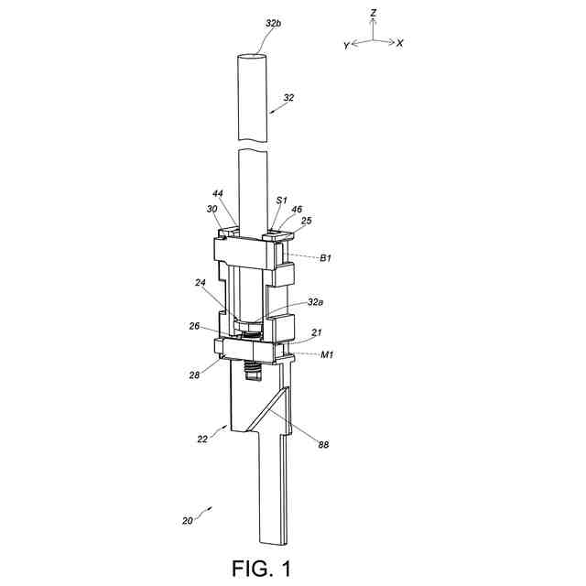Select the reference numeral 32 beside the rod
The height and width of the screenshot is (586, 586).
point(288,96)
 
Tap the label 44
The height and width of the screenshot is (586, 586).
point(217,194)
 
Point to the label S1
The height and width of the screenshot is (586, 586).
point(282,200)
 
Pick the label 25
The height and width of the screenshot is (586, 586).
point(308,221)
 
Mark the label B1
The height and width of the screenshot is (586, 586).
point(325,258)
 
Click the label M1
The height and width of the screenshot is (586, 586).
point(326,353)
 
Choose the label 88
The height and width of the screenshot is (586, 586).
point(323,444)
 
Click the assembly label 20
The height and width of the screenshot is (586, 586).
point(187,521)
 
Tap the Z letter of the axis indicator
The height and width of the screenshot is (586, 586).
point(374,14)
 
